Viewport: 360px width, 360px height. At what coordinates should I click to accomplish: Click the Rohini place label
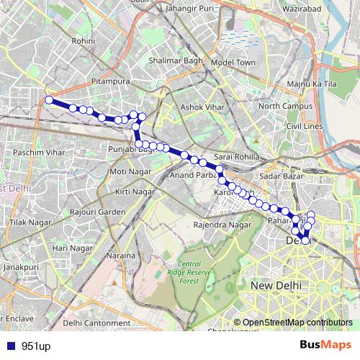point(84,42)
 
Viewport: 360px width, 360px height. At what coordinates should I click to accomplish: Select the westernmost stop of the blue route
point(49,100)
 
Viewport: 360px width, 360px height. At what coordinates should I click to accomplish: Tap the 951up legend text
point(35,346)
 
